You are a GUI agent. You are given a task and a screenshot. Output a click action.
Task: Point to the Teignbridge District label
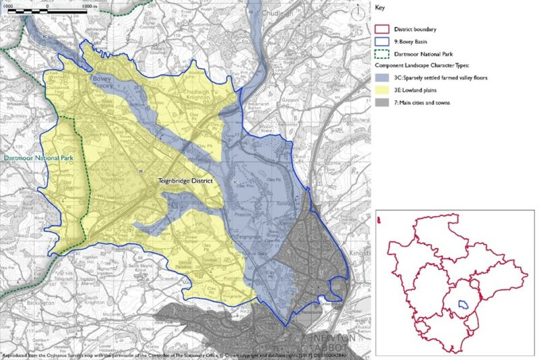pos(186,181)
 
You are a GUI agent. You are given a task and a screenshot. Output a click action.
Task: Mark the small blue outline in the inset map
pos(464,303)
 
